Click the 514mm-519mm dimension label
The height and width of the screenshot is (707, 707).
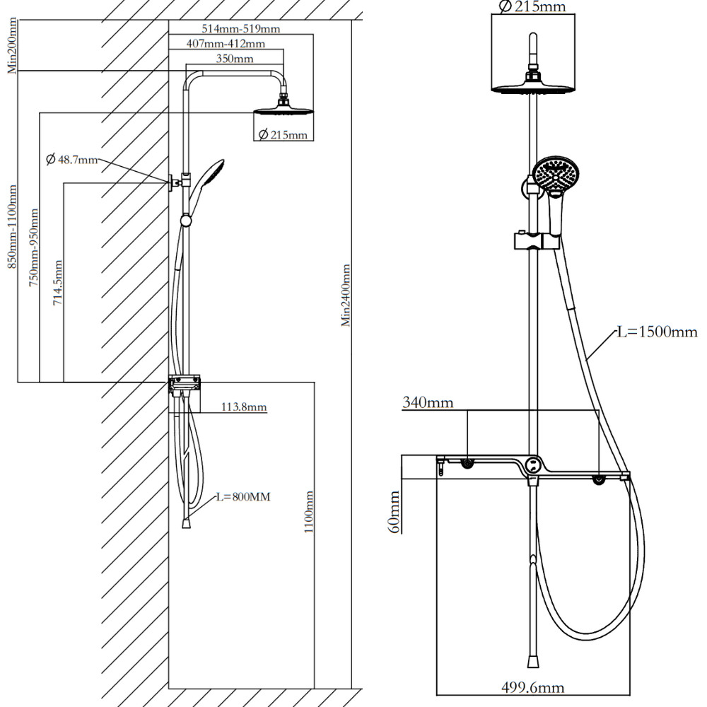pos(241,29)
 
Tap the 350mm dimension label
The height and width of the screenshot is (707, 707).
pos(234,59)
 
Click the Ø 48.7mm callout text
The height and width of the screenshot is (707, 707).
pos(71,160)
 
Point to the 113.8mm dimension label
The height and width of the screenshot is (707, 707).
pos(244,407)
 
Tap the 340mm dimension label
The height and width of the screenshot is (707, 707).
pos(428,404)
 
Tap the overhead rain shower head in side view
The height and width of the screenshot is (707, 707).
pos(283,110)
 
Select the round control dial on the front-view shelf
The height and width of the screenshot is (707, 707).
pos(531,465)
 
